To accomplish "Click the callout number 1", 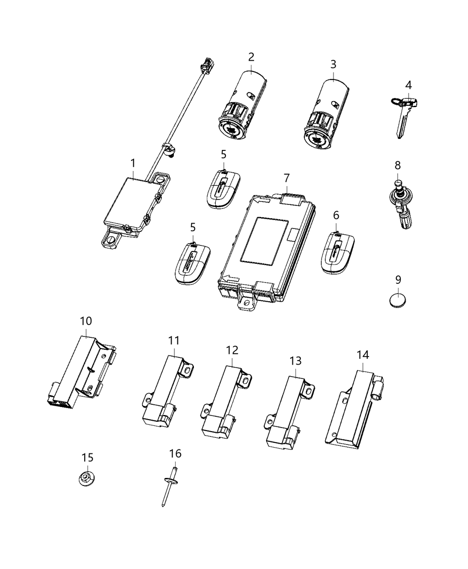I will click(x=132, y=163).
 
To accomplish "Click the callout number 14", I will click(x=362, y=355).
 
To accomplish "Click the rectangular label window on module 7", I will click(x=265, y=240).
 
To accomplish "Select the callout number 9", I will click(x=398, y=280).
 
